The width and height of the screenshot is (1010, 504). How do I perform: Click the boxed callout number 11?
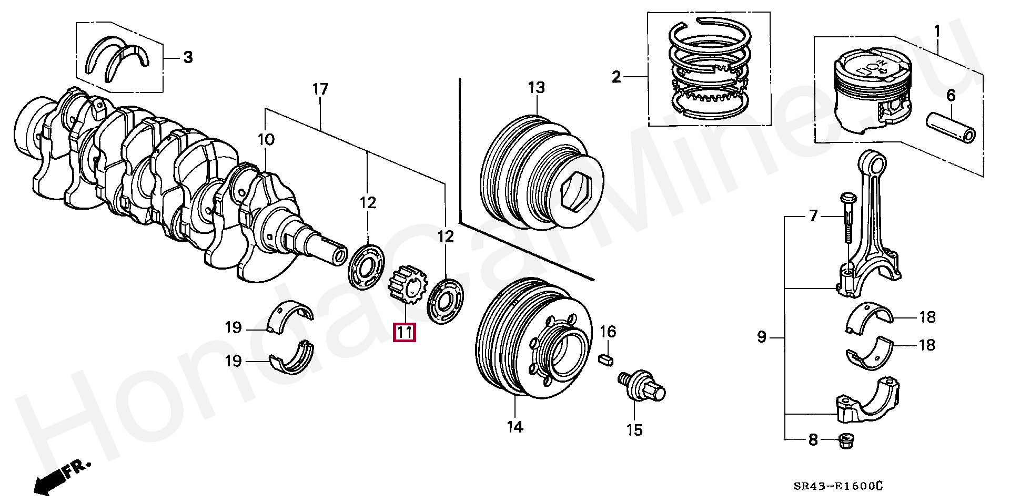405,332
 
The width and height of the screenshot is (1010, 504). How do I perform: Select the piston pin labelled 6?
951,128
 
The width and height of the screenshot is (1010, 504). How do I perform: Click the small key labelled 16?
606,360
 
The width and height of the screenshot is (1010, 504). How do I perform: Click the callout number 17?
320,89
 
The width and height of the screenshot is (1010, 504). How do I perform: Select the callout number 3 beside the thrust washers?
188,57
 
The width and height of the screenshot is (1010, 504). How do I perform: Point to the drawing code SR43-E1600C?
839,486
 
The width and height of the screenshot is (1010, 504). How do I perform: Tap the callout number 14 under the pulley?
515,427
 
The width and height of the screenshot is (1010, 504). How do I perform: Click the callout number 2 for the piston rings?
617,77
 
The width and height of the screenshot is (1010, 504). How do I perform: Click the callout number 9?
762,337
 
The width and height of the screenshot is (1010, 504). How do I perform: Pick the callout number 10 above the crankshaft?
266,139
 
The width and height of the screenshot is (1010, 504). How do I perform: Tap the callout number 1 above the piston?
936,32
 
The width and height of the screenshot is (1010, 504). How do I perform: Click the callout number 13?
537,87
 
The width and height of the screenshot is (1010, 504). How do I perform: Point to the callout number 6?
951,95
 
